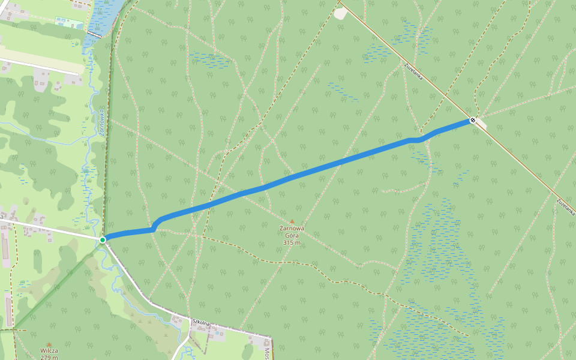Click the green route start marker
[x=103, y=240]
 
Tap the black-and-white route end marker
[x=473, y=120]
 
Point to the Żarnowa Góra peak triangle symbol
[x=292, y=221]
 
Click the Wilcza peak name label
[x=49, y=350]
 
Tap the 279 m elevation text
[x=49, y=357]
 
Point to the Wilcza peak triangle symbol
[x=49, y=344]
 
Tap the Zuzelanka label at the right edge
[x=566, y=207]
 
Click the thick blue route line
[x=300, y=176]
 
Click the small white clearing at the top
[x=341, y=13]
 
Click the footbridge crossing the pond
[x=95, y=34]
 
